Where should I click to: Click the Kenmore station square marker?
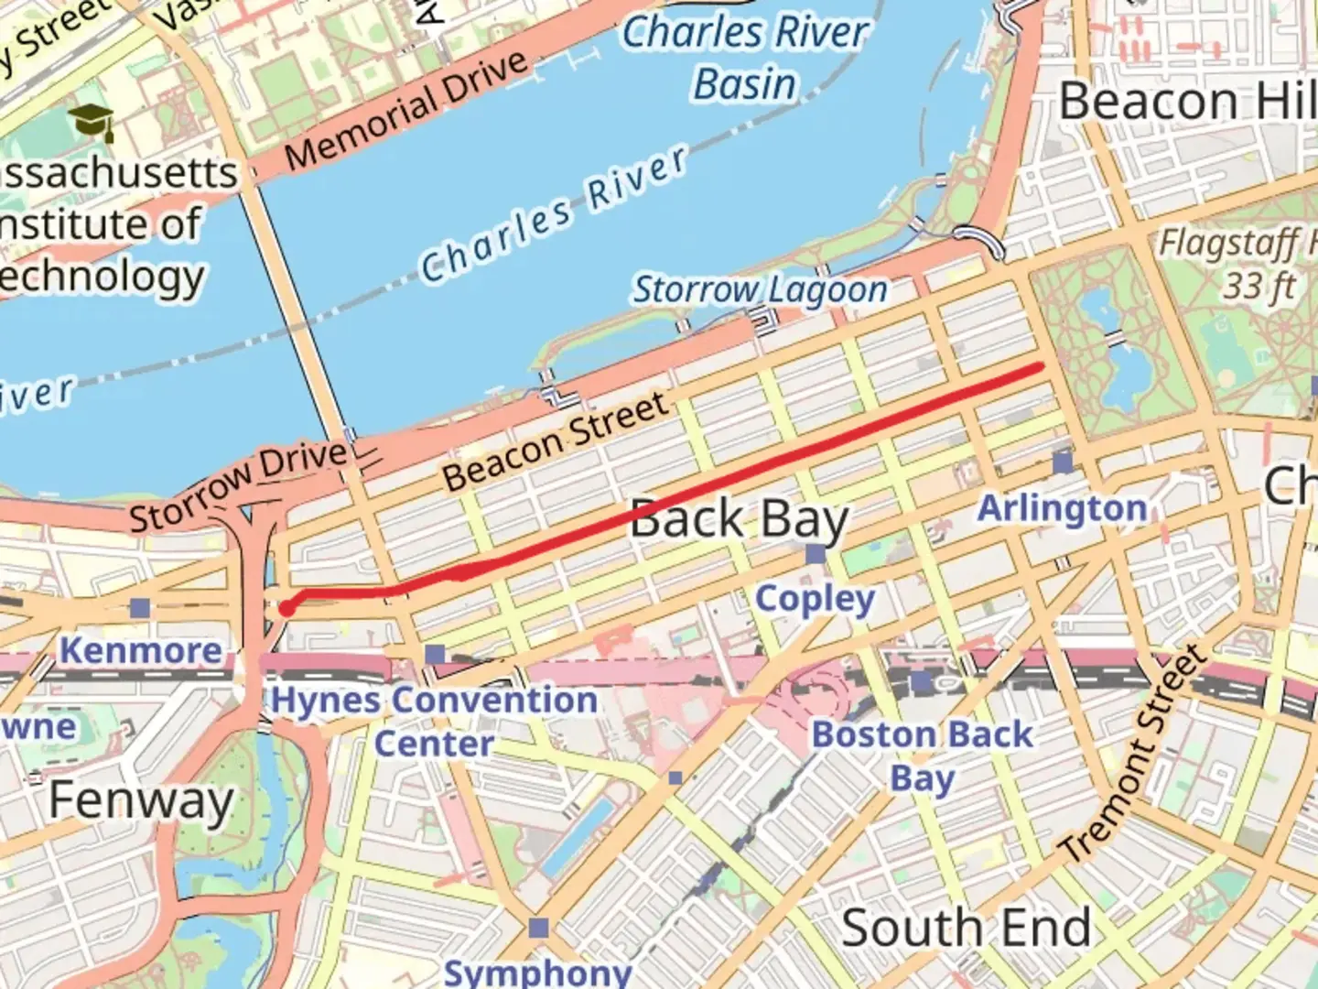(x=139, y=607)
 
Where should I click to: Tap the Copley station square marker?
(x=815, y=554)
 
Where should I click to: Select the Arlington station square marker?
(x=1063, y=462)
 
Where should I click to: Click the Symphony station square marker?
(x=539, y=928)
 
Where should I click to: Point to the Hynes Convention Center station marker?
(x=436, y=654)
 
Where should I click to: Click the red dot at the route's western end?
(x=286, y=609)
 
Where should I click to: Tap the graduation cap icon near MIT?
(x=92, y=122)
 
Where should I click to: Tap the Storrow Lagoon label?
(x=761, y=289)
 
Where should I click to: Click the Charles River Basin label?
(x=745, y=58)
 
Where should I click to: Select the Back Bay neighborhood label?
(x=739, y=519)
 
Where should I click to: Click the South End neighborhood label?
(x=966, y=928)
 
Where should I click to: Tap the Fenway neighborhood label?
(x=141, y=800)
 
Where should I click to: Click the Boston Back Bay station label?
(x=922, y=756)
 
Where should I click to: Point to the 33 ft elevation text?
(x=1259, y=287)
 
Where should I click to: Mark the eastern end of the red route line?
(x=1041, y=367)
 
